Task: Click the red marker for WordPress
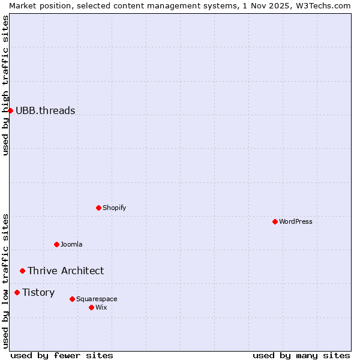[x=275, y=221]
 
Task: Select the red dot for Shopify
[x=98, y=208]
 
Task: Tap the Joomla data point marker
[x=56, y=244]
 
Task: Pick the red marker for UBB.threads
[x=10, y=110]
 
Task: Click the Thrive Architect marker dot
[x=22, y=271]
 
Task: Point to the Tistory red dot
[x=17, y=292]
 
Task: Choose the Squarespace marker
[x=72, y=299]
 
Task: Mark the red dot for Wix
[x=91, y=307]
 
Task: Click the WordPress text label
[x=296, y=221]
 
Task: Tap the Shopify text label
[x=114, y=208]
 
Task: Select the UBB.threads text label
[x=46, y=110]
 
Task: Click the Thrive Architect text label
[x=65, y=271]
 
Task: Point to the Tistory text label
[x=38, y=292]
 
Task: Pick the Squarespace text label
[x=97, y=299]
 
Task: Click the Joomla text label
[x=71, y=244]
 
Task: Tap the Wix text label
[x=101, y=307]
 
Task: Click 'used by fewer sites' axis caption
[x=62, y=355]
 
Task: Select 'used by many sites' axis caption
[x=301, y=355]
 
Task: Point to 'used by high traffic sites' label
[x=5, y=85]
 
